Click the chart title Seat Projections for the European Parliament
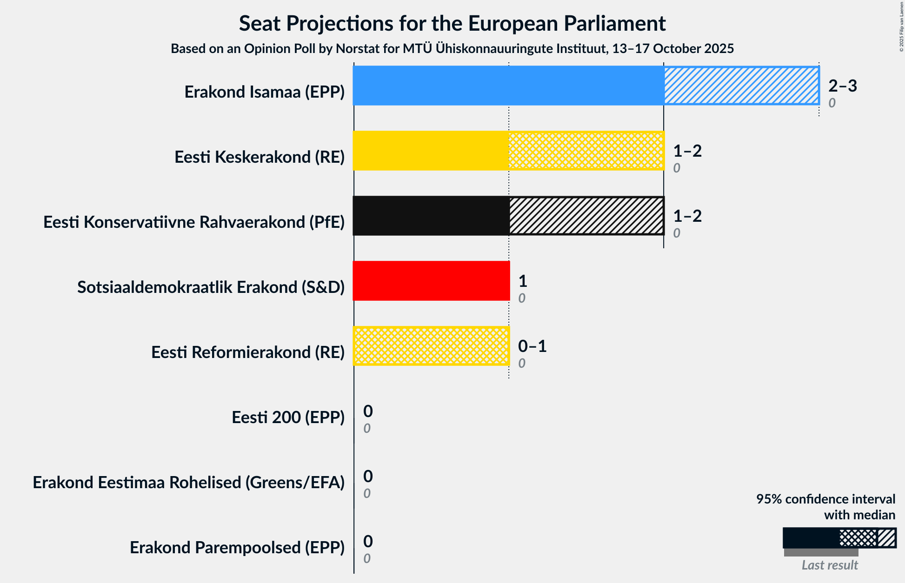452,23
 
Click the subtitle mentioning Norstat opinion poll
452,48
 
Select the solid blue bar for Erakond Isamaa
508,86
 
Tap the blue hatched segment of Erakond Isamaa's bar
741,86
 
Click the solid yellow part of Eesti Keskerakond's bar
431,151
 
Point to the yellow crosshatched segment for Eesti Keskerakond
586,151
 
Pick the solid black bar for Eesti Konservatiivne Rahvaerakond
431,216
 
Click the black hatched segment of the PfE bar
586,216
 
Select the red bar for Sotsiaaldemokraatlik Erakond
431,281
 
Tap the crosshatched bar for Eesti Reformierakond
431,346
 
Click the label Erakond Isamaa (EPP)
264,92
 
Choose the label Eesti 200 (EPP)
288,417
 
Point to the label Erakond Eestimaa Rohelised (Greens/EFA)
188,483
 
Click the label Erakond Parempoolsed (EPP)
237,548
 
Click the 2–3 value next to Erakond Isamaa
842,86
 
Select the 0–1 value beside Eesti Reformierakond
532,346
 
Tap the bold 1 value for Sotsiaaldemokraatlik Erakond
523,281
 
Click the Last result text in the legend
830,565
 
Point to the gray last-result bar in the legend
821,552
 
